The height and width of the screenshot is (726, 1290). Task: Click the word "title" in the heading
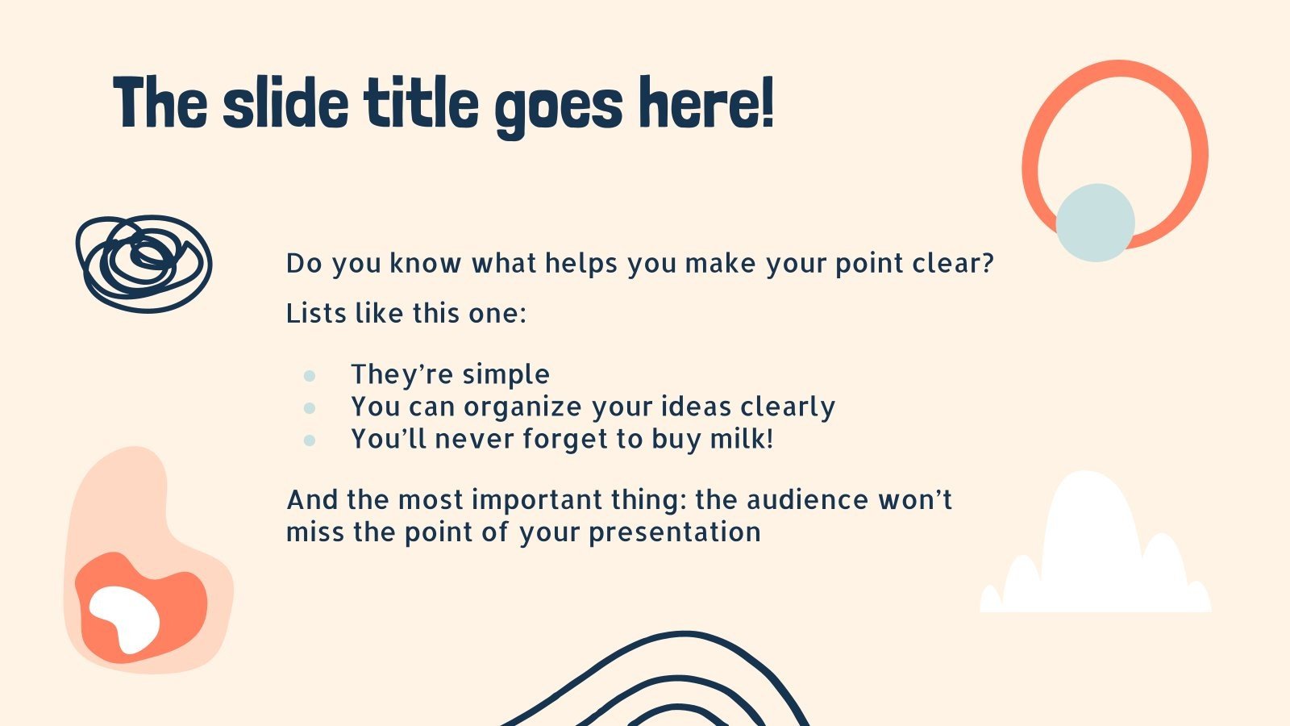click(421, 102)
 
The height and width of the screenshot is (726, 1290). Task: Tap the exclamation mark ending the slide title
click(768, 102)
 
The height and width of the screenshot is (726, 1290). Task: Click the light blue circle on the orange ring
click(1096, 223)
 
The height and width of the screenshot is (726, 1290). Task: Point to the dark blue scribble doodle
click(144, 264)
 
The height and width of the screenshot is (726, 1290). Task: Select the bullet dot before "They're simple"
click(310, 376)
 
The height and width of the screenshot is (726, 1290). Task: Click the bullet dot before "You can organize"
click(310, 408)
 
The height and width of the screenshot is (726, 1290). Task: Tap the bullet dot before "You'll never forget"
click(310, 440)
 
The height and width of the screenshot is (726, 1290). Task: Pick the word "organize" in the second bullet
click(523, 408)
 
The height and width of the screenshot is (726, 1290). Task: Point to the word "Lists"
click(316, 314)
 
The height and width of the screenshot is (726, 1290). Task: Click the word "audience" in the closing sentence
click(807, 499)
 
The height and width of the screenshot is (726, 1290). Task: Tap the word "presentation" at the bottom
click(674, 533)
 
